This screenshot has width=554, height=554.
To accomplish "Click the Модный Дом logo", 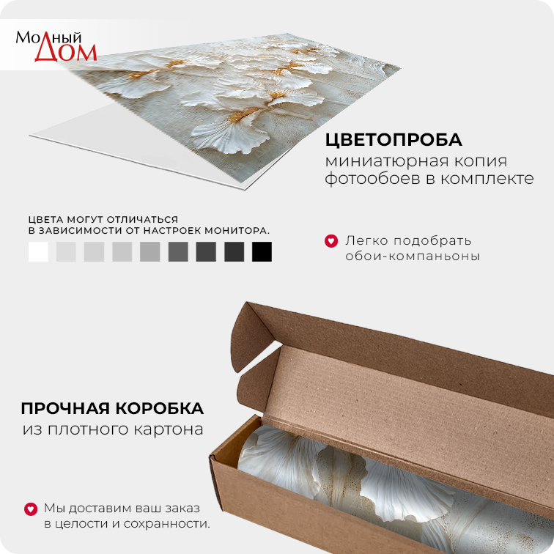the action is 56,46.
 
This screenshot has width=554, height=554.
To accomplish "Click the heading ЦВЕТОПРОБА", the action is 394,140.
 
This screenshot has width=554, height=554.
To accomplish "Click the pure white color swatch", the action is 38,251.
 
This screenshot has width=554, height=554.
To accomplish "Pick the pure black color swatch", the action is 262,251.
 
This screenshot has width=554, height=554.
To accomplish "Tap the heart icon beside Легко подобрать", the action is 331,241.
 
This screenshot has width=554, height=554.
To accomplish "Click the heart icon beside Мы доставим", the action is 31,509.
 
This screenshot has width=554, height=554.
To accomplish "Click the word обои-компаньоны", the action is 413,256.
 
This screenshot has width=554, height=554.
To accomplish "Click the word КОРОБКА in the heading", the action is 160,409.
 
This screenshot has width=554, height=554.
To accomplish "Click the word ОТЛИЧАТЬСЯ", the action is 142,220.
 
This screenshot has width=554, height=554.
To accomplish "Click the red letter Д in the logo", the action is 46,52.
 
